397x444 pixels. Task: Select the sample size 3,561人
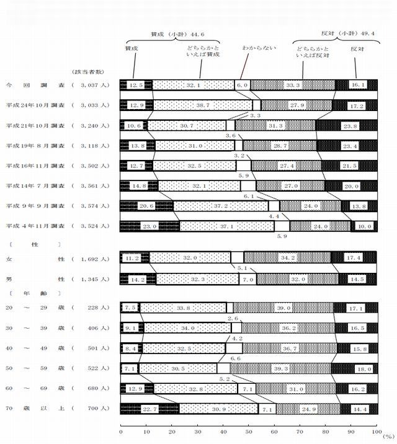point(91,186)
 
